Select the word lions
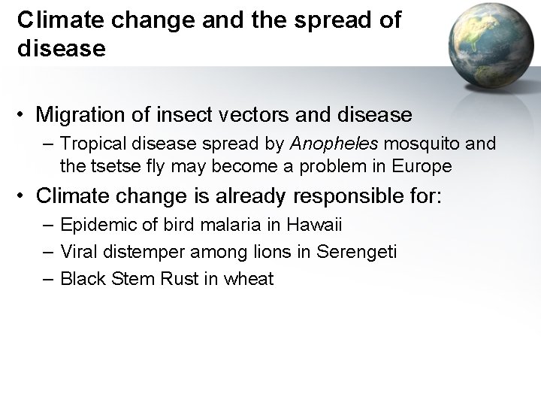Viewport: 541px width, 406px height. coord(255,252)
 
